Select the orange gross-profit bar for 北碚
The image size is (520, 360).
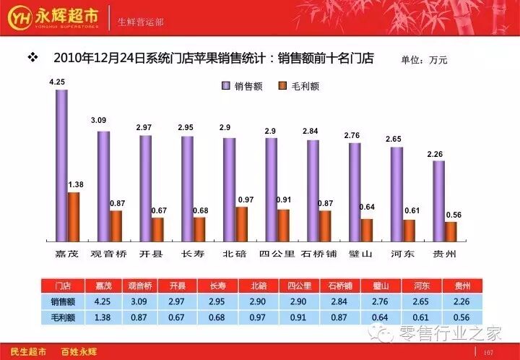[x=241, y=223]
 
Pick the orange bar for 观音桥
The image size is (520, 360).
[x=116, y=226]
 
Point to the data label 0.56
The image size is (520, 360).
[x=453, y=215]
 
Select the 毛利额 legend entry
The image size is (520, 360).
[x=299, y=85]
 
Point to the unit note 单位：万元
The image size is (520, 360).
[x=424, y=60]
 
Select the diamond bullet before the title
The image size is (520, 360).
[x=32, y=58]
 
